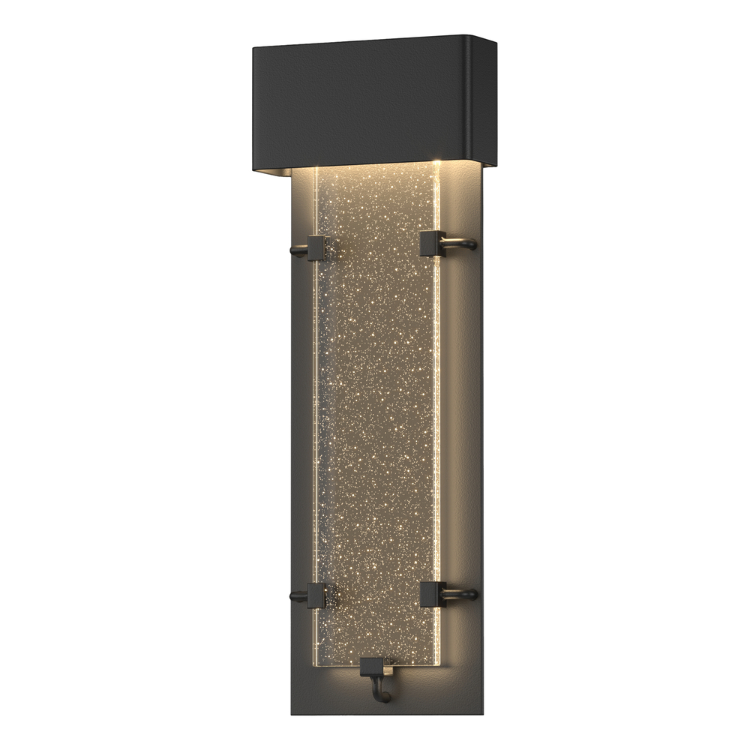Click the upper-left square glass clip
316,248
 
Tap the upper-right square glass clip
433,244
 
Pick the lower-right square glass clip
433,594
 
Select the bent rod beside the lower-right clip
460,595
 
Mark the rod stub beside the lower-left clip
298,598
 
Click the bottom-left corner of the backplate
291,717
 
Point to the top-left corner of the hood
253,48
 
